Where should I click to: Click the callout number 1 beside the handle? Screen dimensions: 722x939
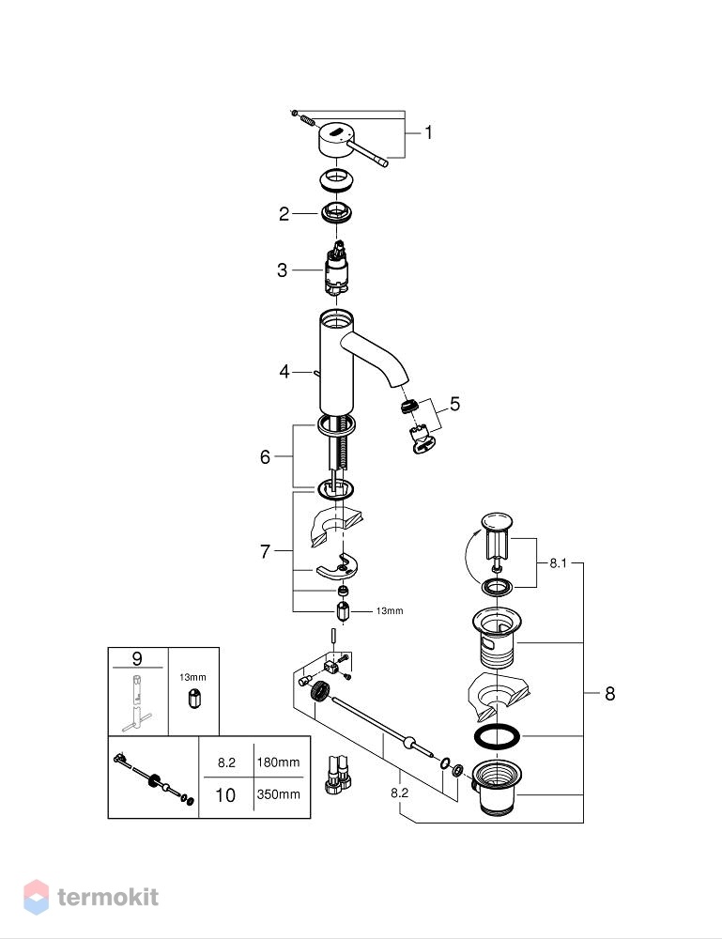pos(429,132)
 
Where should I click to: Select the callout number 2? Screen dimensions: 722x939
pos(284,214)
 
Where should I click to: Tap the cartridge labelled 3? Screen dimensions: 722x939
pos(337,269)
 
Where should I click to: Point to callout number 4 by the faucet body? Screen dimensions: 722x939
pos(284,371)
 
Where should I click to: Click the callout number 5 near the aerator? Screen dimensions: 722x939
pos(455,404)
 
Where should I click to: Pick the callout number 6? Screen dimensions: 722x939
pos(265,457)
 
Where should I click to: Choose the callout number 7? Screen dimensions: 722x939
pos(265,551)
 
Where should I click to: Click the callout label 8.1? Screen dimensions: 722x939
pos(558,562)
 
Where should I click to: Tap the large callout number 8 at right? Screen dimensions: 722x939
pos(610,694)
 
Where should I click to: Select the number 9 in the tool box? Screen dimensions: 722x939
pos(137,658)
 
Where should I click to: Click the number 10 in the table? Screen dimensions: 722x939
pos(225,794)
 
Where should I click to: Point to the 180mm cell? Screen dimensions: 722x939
pos(279,762)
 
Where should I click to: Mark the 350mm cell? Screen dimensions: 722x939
pos(279,794)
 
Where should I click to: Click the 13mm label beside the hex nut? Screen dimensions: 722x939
pos(390,611)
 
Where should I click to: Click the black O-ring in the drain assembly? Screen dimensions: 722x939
pos(497,737)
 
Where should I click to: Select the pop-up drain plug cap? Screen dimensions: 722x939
pos(497,521)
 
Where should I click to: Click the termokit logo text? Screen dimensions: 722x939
pos(108,897)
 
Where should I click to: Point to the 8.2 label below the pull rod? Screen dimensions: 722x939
pos(399,793)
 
